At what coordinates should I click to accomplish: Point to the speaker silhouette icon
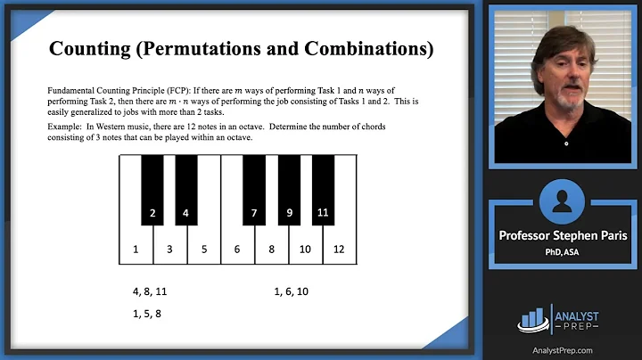coord(562,201)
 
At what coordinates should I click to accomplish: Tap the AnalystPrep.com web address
coord(563,350)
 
